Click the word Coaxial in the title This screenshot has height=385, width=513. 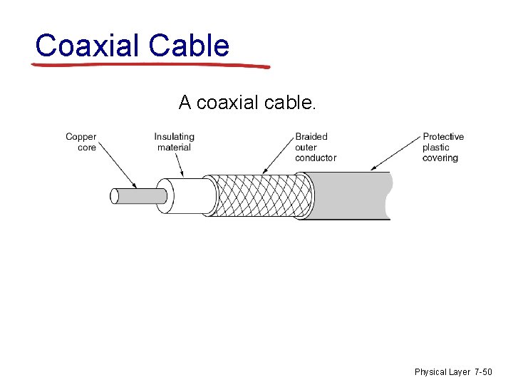click(x=88, y=46)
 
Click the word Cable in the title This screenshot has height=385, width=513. click(x=190, y=46)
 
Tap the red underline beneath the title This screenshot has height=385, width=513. click(x=150, y=66)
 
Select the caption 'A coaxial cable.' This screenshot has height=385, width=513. click(x=247, y=103)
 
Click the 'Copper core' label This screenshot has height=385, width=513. click(x=81, y=142)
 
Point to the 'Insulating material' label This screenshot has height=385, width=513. click(x=174, y=142)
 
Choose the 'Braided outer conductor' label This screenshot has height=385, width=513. click(x=316, y=147)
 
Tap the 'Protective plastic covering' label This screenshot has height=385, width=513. click(x=442, y=147)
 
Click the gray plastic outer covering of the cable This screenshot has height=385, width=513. click(x=349, y=195)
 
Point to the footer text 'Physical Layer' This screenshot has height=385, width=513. click(x=442, y=372)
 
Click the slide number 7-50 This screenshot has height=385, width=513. click(x=483, y=372)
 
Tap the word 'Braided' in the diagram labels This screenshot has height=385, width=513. click(x=311, y=137)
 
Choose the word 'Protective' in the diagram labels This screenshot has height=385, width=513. click(x=443, y=137)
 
